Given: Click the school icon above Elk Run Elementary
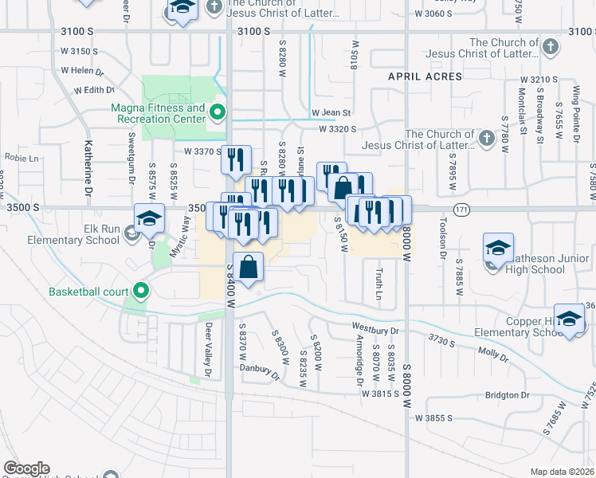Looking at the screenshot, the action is point(149,219).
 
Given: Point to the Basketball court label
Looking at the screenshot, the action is point(88,292).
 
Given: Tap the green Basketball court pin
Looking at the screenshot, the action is point(141,291).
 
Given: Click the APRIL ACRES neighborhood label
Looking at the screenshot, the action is point(425,76).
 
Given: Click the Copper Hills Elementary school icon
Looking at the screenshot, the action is point(569,319).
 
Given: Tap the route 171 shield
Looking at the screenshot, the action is point(462,209).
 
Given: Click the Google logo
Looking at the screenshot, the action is point(25,468).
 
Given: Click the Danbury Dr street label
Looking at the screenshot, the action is point(264,371).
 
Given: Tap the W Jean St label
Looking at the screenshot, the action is point(331,113).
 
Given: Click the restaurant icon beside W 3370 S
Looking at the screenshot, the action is point(236,159).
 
